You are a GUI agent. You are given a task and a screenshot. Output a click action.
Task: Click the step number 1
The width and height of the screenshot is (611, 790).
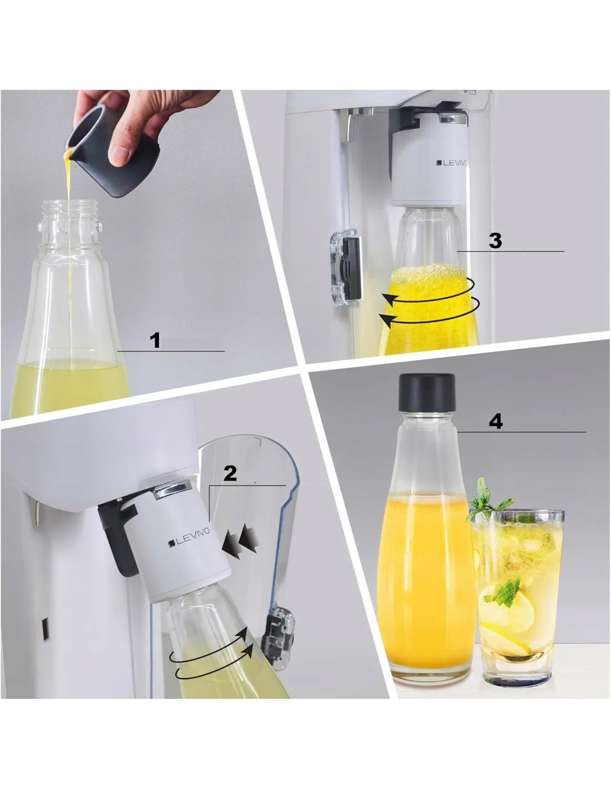(x=155, y=341)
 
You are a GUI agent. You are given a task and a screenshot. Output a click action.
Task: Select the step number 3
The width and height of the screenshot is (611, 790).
(x=495, y=241)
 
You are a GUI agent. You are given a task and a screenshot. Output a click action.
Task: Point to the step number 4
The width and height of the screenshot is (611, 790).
(x=496, y=422)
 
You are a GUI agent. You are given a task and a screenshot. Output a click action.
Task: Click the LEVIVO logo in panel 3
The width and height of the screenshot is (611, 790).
(x=453, y=163)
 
